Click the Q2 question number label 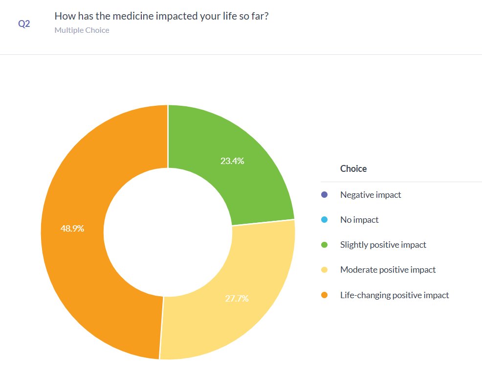(x=24, y=23)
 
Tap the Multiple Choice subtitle (x=82, y=30)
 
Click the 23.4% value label (x=232, y=161)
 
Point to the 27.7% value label (x=237, y=298)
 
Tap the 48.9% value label (x=72, y=228)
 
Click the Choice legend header (x=353, y=169)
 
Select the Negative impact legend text (x=371, y=195)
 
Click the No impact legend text (x=359, y=220)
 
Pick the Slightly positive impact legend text (x=383, y=245)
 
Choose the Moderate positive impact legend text (x=388, y=270)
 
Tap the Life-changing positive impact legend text (x=394, y=295)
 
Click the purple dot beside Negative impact (x=324, y=195)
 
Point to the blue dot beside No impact (x=324, y=220)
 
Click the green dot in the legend (x=324, y=245)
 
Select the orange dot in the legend (x=324, y=295)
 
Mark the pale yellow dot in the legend (x=324, y=270)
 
